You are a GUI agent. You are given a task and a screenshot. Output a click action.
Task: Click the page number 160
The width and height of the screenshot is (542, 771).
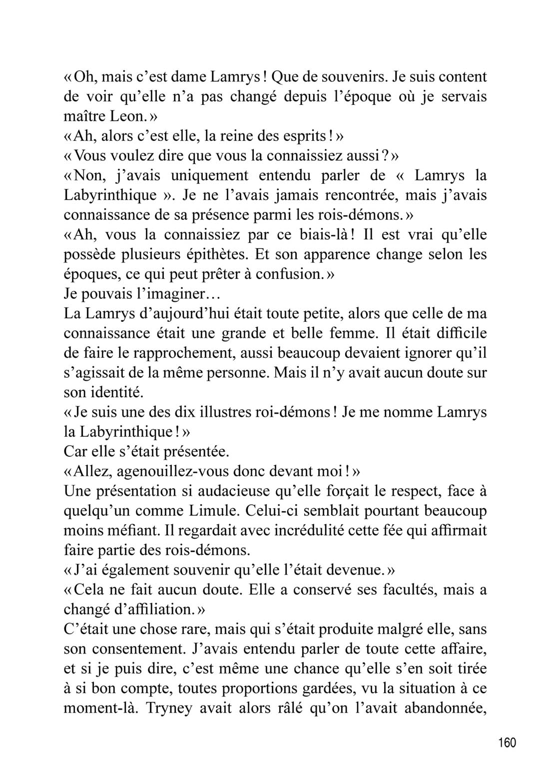click(x=507, y=743)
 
